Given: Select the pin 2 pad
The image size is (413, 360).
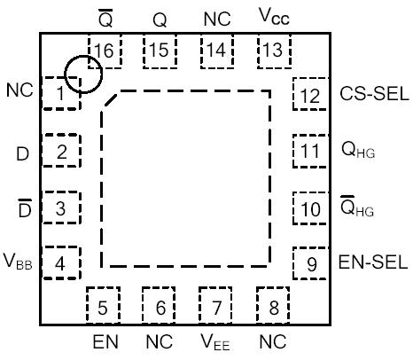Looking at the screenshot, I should [61, 152].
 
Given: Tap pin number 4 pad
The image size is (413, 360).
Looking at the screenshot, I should [61, 263].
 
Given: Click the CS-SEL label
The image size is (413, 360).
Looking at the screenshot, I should [375, 95].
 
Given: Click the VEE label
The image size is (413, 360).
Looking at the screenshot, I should [216, 343].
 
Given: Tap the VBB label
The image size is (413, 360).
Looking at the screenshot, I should [20, 263].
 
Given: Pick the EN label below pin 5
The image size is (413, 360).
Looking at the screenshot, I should [103, 342].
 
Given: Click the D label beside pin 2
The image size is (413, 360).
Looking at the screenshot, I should [21, 153].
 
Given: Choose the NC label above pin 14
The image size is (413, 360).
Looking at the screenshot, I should [216, 17].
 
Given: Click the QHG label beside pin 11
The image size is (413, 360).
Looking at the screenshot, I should [359, 151].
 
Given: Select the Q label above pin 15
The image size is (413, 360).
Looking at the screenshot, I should [160, 18].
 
